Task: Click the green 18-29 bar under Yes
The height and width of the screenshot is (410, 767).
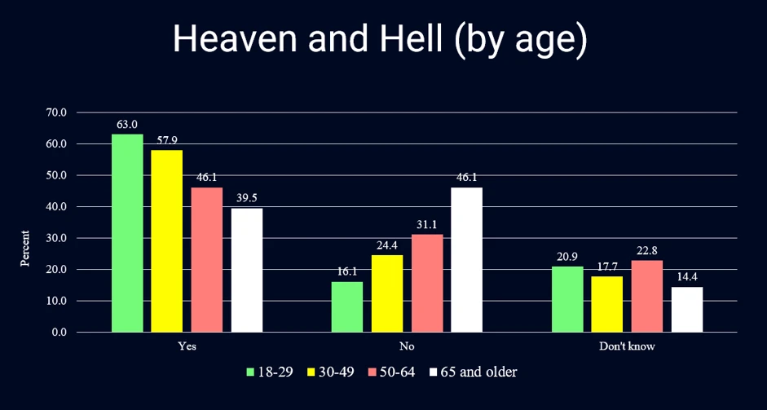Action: pos(127,233)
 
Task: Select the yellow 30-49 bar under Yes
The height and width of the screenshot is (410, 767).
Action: pos(167,241)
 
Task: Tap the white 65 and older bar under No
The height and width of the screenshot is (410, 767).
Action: pos(467,259)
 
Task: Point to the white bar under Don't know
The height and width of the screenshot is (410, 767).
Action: pos(687,310)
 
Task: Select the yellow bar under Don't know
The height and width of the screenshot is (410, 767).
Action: pos(607,304)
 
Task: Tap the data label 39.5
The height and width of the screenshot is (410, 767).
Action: pos(248,199)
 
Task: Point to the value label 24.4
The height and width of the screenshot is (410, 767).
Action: pos(387,246)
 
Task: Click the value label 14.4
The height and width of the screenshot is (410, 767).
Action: pos(687,277)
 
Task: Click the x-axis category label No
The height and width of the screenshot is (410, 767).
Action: pos(407,346)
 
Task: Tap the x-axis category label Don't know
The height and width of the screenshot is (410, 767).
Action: pos(627,346)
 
